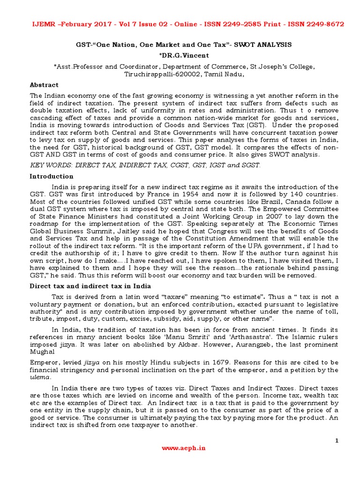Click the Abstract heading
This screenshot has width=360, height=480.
coord(44,85)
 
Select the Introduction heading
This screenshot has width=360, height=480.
coord(52,176)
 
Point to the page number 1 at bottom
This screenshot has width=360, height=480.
coord(337,441)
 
